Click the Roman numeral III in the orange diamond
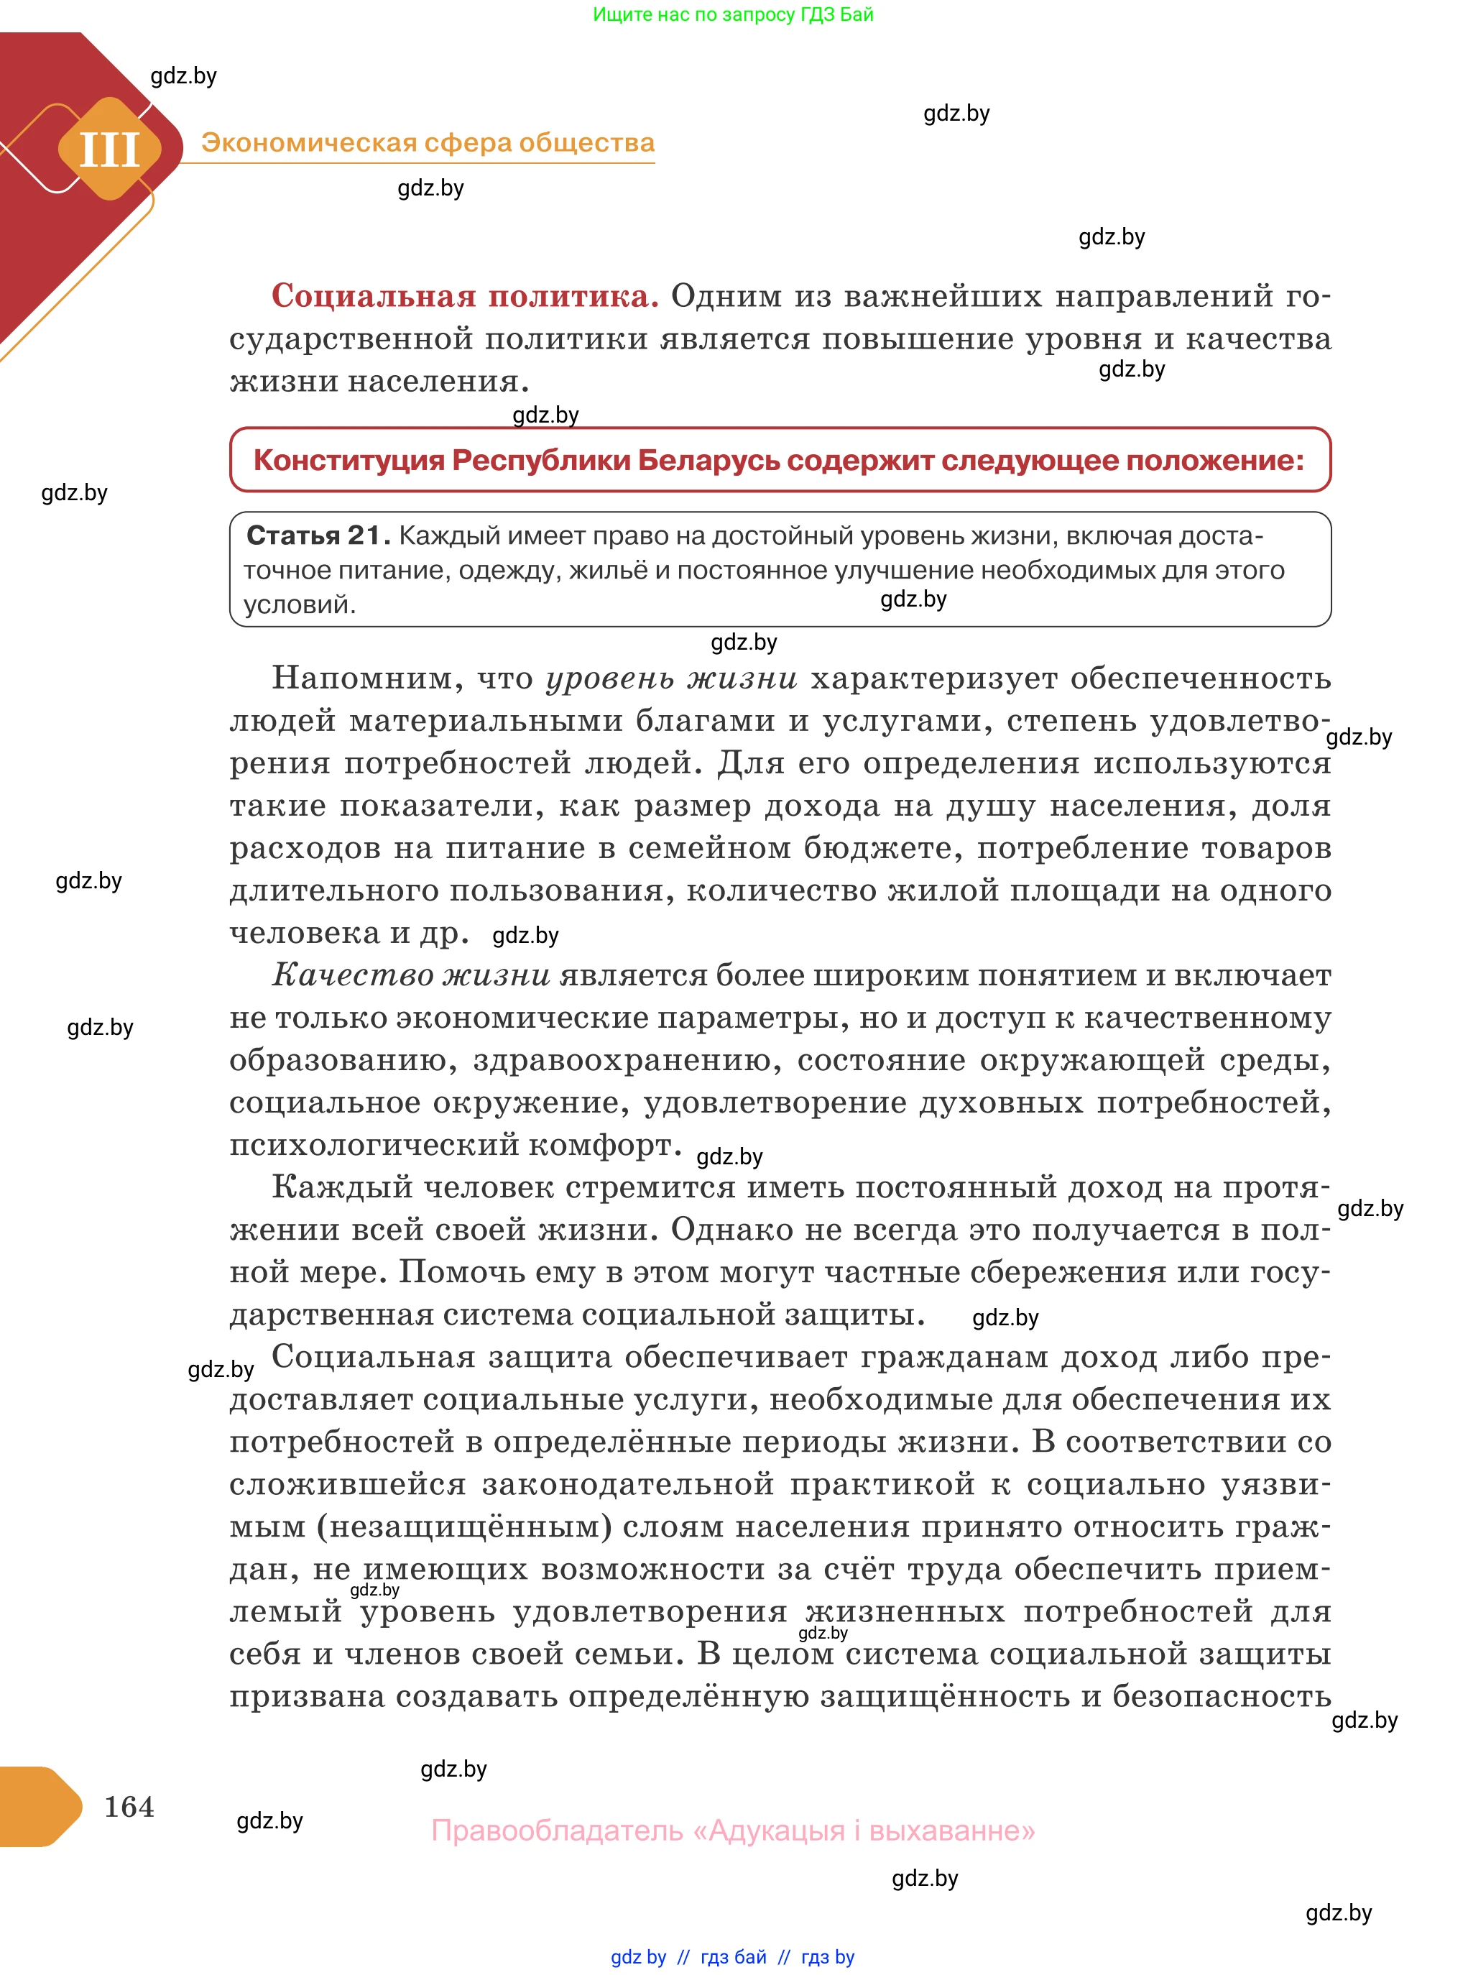click(109, 149)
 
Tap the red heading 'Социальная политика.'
click(465, 295)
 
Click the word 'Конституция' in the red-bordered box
click(348, 461)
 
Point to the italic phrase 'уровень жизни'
click(671, 678)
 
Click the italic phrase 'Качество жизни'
click(410, 975)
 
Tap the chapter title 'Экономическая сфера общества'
click(428, 142)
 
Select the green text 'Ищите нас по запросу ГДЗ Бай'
click(732, 14)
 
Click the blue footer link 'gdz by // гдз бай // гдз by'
click(732, 1956)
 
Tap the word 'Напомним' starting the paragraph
click(367, 678)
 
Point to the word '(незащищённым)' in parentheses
click(465, 1527)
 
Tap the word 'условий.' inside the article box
click(300, 604)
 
